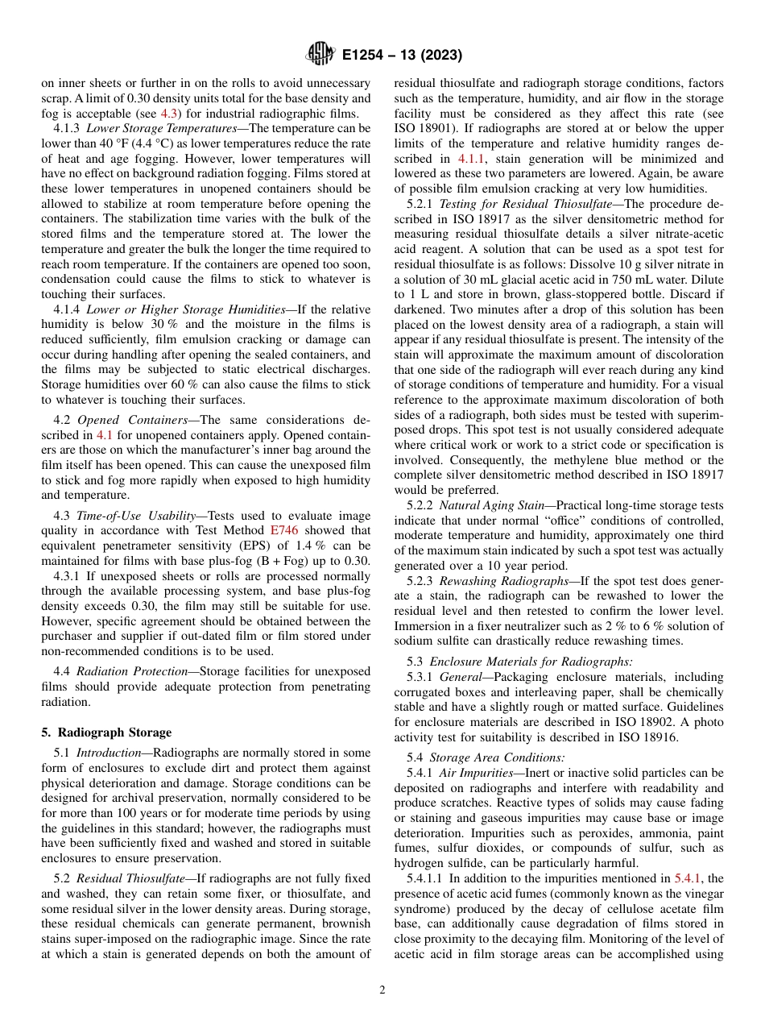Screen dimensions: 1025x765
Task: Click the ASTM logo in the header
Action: (x=320, y=55)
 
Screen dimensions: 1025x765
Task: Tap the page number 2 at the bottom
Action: (x=382, y=990)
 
